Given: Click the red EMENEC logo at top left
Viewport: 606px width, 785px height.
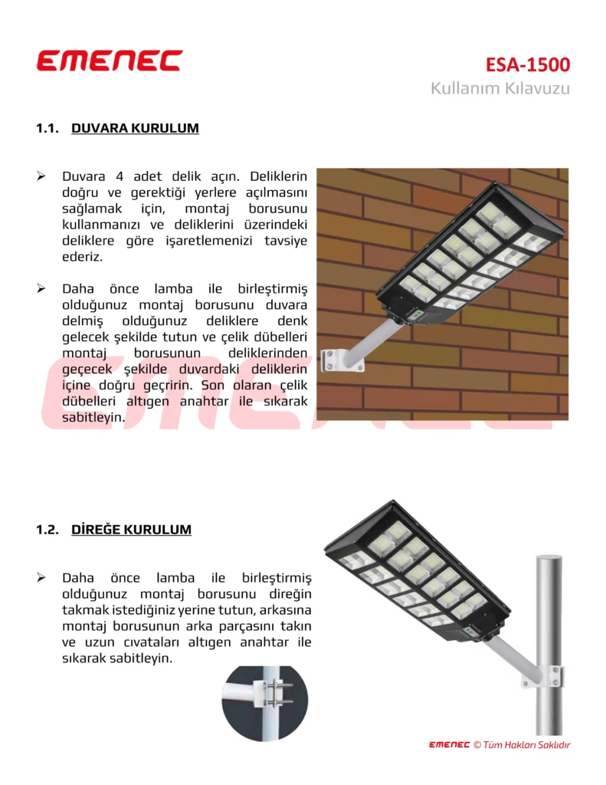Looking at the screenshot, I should tap(110, 61).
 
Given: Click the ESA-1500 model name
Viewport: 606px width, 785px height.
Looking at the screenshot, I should tap(527, 64).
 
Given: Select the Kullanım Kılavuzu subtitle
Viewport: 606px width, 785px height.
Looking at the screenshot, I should tap(500, 88).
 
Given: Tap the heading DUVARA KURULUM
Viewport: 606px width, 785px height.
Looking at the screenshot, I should tap(135, 128).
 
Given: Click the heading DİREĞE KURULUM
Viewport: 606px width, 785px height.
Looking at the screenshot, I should tap(131, 530).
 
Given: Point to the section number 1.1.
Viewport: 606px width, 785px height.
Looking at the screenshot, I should tap(47, 128).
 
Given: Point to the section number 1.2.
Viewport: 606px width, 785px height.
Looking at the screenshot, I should tap(47, 530).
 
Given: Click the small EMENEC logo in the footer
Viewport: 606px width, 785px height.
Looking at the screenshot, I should tap(449, 744).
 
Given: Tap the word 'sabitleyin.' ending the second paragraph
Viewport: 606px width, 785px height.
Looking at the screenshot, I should tap(93, 418).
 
